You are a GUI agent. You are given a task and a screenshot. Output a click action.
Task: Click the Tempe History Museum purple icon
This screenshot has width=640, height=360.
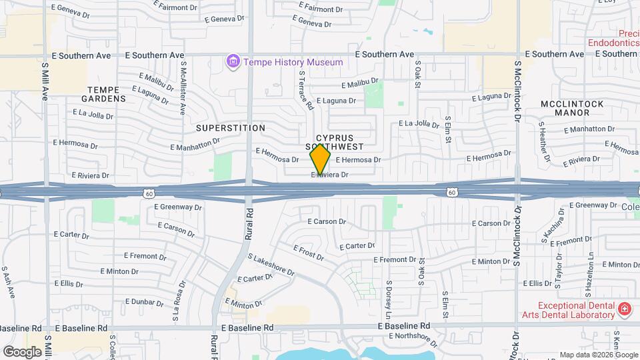tap(233, 62)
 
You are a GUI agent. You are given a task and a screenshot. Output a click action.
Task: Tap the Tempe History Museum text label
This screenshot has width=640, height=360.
tap(293, 62)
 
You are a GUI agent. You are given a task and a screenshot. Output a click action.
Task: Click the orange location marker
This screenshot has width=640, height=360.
tap(321, 159)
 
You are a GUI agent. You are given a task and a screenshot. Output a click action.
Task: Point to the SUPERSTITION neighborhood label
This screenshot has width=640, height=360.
tap(231, 127)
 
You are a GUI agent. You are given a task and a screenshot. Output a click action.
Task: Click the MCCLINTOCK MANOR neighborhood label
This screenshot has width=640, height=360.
tap(572, 109)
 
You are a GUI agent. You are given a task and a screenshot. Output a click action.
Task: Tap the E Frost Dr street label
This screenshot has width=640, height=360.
tap(308, 252)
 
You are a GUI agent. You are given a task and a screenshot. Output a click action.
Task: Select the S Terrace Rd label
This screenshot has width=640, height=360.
tap(306, 91)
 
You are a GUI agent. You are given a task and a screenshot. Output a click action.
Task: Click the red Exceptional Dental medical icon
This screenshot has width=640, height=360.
tap(624, 309)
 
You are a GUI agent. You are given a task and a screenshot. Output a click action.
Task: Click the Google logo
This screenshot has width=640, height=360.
tap(22, 351)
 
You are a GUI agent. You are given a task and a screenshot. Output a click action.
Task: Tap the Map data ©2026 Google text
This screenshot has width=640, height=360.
tap(597, 355)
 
